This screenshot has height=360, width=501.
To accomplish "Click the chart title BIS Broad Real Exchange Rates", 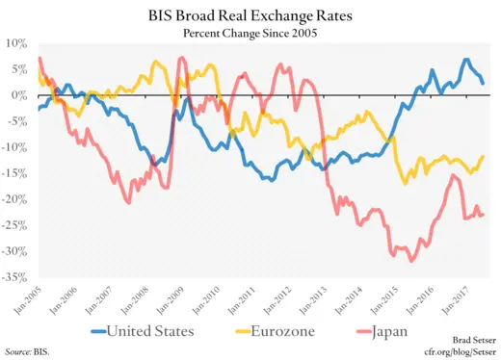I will [250, 16].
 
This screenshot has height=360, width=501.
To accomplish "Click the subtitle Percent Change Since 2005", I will [250, 33].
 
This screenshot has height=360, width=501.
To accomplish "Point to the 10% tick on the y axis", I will [15, 43].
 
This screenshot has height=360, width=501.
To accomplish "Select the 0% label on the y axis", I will [18, 95].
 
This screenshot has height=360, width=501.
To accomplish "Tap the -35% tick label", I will [13, 278].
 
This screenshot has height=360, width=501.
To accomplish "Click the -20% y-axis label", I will [13, 200].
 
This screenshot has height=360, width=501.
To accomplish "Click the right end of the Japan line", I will [483, 215].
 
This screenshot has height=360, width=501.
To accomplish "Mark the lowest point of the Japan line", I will [412, 261].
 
